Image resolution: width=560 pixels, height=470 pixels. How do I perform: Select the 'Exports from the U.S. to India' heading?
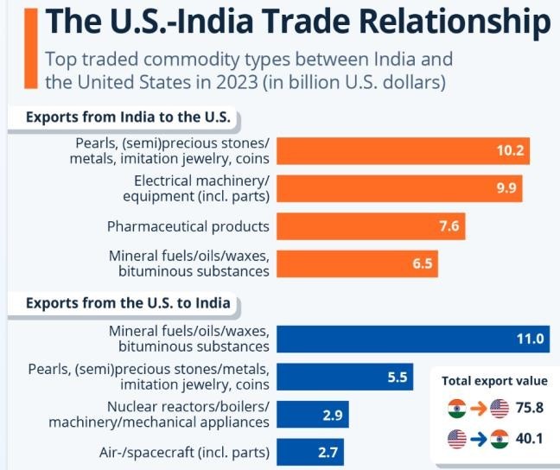click(x=128, y=303)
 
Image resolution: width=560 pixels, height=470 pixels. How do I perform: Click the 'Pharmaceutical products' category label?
click(x=188, y=226)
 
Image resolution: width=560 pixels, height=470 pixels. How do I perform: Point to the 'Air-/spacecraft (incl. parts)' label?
click(x=183, y=451)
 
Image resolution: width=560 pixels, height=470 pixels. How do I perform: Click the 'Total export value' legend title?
click(x=494, y=380)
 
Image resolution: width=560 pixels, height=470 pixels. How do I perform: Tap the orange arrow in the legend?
click(x=479, y=409)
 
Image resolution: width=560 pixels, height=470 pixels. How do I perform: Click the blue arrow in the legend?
click(x=479, y=438)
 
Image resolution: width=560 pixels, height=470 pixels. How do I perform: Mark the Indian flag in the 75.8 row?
click(x=457, y=409)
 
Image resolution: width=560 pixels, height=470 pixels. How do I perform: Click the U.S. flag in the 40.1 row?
click(x=457, y=438)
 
